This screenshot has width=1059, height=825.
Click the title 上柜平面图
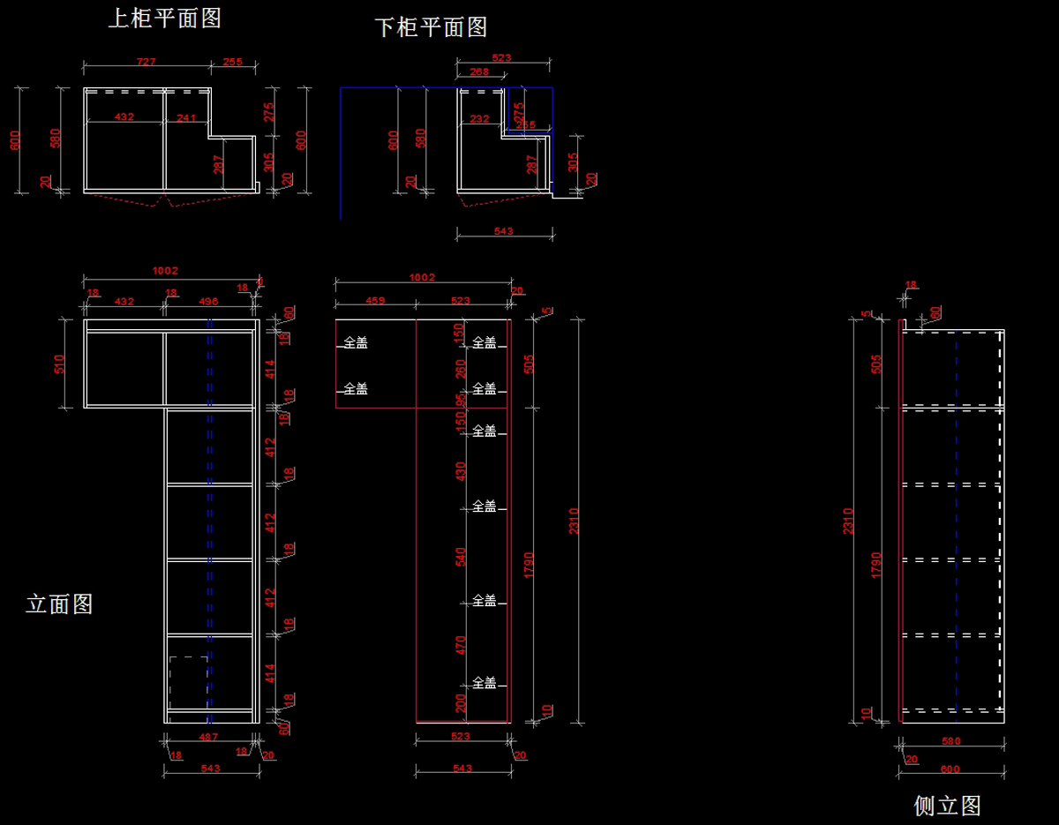click(x=164, y=19)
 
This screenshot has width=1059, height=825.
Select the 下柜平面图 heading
click(x=432, y=27)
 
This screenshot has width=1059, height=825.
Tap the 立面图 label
click(x=59, y=604)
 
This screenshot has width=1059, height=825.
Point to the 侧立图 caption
click(x=947, y=806)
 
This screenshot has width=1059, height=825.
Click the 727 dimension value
click(x=146, y=62)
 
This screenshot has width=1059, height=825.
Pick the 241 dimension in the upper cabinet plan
click(x=186, y=117)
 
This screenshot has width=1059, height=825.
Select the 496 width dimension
click(x=208, y=302)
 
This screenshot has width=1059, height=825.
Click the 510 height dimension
click(x=60, y=364)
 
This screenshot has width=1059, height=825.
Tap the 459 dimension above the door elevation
click(x=375, y=301)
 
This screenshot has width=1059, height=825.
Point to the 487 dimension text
click(x=208, y=737)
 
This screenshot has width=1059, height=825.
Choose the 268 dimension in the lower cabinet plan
click(x=479, y=72)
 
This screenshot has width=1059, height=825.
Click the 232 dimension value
click(x=479, y=118)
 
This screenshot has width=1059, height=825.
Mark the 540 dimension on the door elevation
click(x=460, y=557)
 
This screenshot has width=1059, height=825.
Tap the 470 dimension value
click(x=460, y=645)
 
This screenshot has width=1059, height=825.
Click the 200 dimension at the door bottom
click(x=460, y=703)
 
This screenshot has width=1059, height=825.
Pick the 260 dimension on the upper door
click(x=460, y=368)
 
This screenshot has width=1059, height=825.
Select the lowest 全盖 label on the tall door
click(x=484, y=683)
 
